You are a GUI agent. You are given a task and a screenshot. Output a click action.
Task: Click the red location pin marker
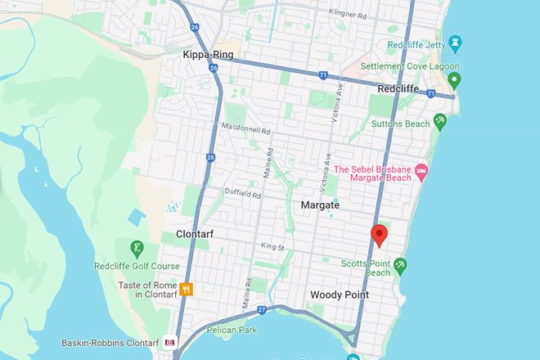379,235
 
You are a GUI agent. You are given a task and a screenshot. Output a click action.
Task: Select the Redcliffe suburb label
398,87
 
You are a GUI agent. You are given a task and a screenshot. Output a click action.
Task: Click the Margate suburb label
320,205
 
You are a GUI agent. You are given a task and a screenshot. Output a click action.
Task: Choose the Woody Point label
340,295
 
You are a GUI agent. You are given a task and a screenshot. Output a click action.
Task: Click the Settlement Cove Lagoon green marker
456,81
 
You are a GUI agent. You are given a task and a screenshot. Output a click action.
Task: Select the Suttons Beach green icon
439,122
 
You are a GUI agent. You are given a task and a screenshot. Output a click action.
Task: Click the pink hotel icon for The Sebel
421,171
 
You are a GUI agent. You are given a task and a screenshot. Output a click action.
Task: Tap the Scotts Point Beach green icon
400,264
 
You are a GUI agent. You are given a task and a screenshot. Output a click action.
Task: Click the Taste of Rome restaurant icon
187,288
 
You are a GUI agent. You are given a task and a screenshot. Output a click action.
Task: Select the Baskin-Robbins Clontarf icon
171,342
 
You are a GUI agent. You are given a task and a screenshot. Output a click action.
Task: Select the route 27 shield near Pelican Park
263,310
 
